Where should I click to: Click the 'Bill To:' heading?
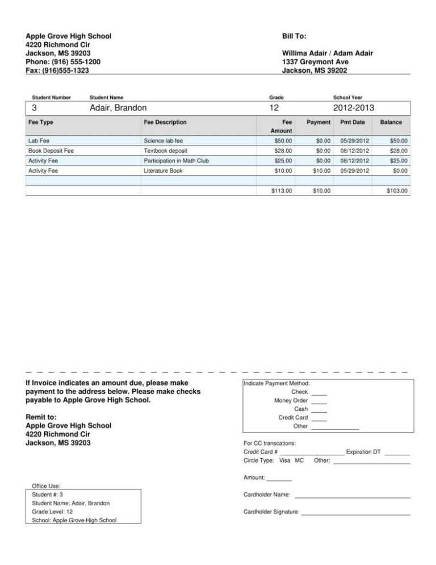point(294,36)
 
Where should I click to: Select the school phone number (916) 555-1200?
point(64,61)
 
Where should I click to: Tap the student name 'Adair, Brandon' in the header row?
point(118,107)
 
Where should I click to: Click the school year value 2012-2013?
point(354,107)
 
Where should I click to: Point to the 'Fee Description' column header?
point(165,122)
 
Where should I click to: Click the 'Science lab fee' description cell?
point(163,140)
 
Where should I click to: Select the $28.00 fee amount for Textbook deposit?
point(283,151)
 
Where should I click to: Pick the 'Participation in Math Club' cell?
point(177,161)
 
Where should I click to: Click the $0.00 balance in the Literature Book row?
point(400,171)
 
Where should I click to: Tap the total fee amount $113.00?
point(282,191)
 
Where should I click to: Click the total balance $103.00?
point(397,191)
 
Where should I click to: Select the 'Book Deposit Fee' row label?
point(51,151)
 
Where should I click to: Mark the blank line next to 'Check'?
point(319,393)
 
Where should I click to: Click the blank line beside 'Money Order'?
point(319,401)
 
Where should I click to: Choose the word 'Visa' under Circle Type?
point(286,460)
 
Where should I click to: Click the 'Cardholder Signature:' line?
point(355,513)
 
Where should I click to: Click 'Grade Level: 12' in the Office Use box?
point(52,512)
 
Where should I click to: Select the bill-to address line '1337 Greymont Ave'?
point(315,61)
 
